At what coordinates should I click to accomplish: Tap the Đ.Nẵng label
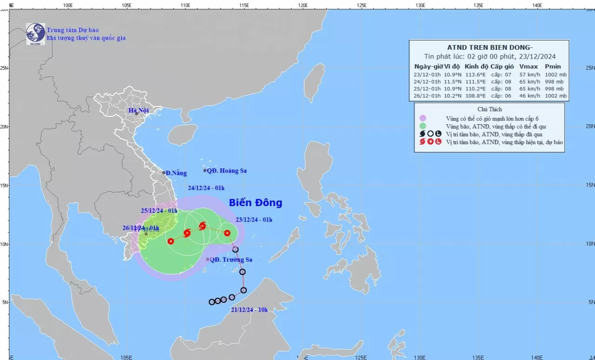tap(176, 173)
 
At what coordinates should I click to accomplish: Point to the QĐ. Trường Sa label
tap(231, 260)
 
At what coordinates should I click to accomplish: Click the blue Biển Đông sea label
tap(255, 203)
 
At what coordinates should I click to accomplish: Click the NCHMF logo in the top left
tap(35, 33)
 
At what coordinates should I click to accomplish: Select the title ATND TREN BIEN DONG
tap(489, 47)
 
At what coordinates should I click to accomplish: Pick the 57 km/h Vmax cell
tap(527, 74)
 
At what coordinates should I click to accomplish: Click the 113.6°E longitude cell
tap(475, 74)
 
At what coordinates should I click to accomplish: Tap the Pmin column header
tap(553, 66)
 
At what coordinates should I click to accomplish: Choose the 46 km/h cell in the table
tap(527, 96)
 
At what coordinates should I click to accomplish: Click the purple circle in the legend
tap(423, 118)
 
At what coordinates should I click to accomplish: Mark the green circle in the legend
tap(423, 126)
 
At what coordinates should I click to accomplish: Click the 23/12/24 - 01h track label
tap(254, 220)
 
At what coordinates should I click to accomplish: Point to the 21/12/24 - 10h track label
tap(249, 310)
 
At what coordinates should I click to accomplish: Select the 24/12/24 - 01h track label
tap(206, 188)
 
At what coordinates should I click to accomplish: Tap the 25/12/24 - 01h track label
tap(159, 211)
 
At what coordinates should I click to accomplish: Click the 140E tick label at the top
tap(537, 5)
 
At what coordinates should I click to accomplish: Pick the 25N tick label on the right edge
tap(590, 68)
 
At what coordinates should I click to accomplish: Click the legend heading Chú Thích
tap(489, 109)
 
